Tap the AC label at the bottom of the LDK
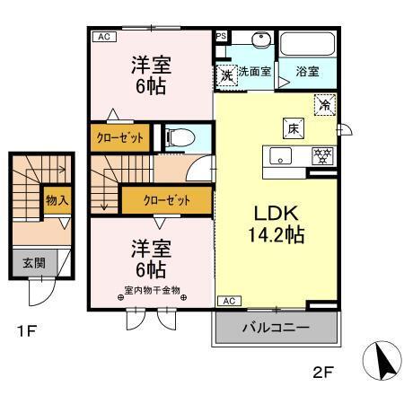228,301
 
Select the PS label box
222,37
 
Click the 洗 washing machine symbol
227,75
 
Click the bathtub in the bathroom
307,46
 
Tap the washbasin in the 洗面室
260,40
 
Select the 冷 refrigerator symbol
324,104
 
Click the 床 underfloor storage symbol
293,127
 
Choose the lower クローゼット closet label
166,198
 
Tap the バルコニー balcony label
276,329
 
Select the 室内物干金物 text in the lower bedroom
152,291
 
